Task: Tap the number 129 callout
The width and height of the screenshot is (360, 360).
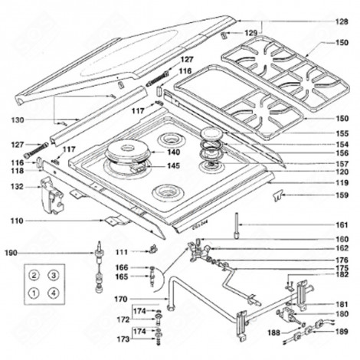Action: click(x=250, y=33)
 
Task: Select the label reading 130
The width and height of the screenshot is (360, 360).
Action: click(x=17, y=119)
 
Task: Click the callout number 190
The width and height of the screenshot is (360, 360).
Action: click(x=11, y=251)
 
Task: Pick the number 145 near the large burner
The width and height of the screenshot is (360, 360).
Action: click(x=174, y=166)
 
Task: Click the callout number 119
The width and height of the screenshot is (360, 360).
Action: click(x=341, y=184)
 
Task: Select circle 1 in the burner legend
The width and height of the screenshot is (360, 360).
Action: click(x=34, y=293)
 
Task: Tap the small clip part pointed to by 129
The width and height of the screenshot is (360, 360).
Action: click(x=224, y=35)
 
